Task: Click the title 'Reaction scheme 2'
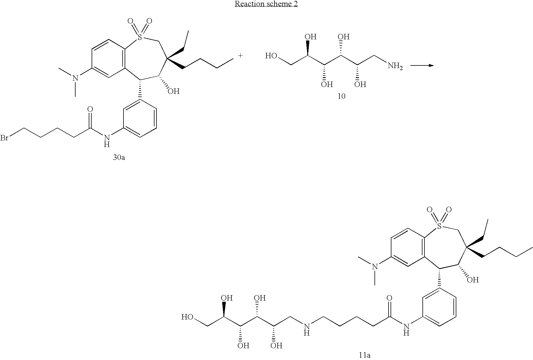coord(266,4)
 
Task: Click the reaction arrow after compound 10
coord(422,65)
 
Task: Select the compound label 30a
coord(119,157)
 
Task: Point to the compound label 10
coord(341,96)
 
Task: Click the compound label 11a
coord(364,355)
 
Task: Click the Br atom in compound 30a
coord(4,138)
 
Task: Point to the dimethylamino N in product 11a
coord(374,267)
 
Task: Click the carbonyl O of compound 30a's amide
coord(90,109)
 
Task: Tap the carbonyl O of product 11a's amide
coord(389,298)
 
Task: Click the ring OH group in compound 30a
coord(173,91)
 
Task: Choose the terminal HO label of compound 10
coord(271,56)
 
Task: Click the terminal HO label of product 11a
coord(187,317)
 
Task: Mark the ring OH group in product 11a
coord(473,280)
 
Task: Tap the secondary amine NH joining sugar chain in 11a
coord(307,329)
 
